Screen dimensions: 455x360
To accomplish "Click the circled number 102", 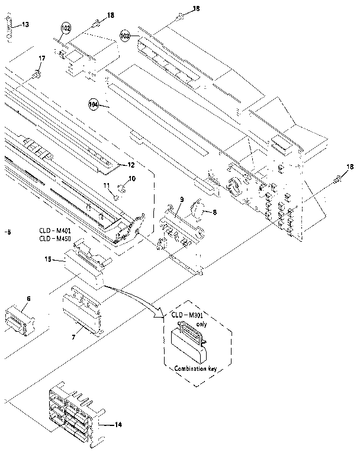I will point(65,28).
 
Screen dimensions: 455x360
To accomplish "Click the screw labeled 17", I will point(36,75).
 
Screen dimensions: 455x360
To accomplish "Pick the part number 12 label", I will point(131,165).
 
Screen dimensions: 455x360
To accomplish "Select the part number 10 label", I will point(131,178).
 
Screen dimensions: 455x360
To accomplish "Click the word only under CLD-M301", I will point(201,325).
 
